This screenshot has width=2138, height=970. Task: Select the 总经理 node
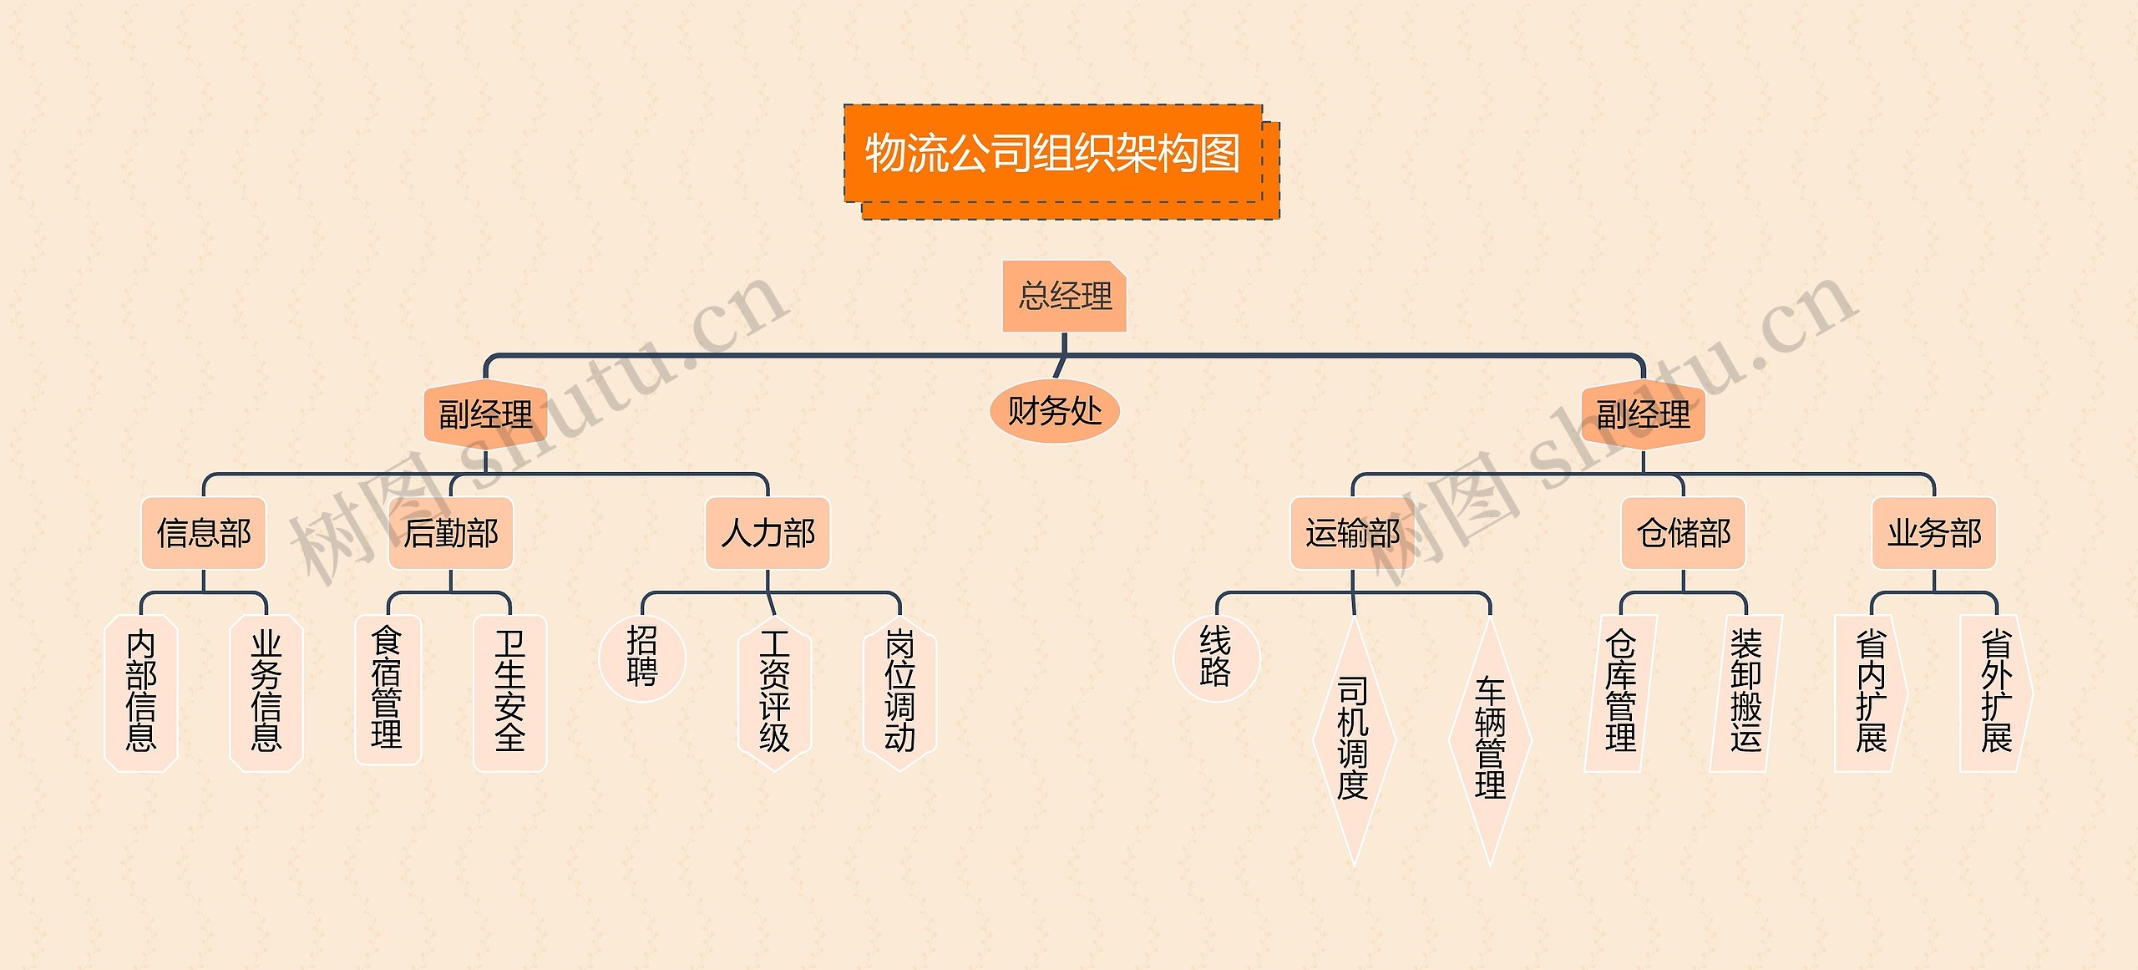click(1065, 297)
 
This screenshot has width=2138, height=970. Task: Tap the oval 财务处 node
click(1054, 412)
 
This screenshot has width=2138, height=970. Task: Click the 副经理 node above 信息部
click(485, 414)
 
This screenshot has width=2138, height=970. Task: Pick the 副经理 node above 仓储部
click(1643, 414)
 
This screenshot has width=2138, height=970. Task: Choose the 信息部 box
click(204, 533)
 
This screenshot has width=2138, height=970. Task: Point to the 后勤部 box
click(451, 533)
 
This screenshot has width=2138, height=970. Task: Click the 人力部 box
click(768, 533)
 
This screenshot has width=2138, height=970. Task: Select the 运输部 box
click(1352, 533)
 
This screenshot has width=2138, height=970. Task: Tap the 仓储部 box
click(1683, 533)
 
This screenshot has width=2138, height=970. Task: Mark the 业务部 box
click(1934, 533)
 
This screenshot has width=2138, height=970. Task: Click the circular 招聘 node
click(641, 658)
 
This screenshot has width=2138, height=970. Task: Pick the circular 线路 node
click(1215, 658)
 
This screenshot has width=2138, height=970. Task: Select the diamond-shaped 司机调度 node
click(1353, 739)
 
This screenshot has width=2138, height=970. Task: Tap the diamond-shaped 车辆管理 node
click(1490, 739)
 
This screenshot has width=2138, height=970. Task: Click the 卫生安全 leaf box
click(509, 693)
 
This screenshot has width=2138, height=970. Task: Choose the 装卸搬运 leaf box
click(1745, 693)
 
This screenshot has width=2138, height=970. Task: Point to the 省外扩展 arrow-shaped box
click(1995, 693)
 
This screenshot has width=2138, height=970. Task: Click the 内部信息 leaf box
click(141, 693)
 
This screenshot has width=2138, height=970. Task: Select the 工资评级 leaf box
click(774, 693)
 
